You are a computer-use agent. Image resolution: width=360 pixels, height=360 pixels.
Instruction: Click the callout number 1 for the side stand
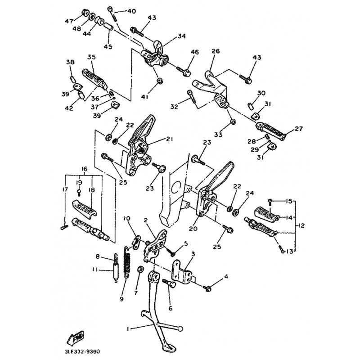tap(128, 328)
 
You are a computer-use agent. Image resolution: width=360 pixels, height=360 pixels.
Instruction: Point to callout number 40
tap(131, 11)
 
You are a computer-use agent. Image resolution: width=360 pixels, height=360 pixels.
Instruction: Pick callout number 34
tap(181, 36)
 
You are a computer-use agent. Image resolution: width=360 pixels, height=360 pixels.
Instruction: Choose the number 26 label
tap(215, 51)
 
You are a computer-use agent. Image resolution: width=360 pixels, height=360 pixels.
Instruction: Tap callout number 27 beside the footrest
tap(299, 129)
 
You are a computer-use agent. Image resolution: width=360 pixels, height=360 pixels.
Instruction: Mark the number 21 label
tap(169, 139)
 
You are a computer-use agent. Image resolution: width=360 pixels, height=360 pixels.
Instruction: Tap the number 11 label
tap(94, 270)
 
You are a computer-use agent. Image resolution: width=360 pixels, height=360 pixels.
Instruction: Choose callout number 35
tap(92, 57)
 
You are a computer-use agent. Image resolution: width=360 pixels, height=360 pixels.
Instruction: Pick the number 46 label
tap(194, 52)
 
